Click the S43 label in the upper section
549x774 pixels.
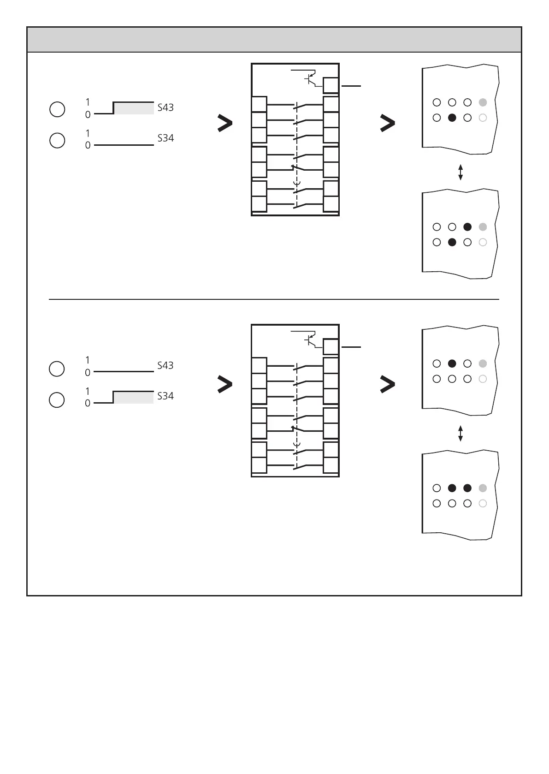pos(165,107)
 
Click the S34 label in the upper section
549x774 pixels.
pos(165,138)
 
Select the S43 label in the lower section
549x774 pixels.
pos(165,365)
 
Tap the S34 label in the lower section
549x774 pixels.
pos(165,396)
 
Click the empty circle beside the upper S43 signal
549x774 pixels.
pos(57,110)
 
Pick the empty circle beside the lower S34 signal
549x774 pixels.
pos(57,400)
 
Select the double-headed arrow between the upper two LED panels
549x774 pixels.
pos(460,172)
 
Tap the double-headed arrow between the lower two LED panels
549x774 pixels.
pos(460,433)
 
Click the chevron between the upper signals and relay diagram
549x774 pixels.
pos(224,124)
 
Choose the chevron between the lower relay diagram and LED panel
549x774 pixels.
pos(388,384)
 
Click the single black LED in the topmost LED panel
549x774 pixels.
pos(452,118)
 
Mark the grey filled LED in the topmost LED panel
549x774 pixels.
pos(483,102)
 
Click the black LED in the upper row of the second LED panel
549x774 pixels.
pos(467,226)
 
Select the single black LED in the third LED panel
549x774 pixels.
pos(452,363)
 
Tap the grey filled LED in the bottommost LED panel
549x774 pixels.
pos(483,488)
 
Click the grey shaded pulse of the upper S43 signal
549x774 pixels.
pos(134,108)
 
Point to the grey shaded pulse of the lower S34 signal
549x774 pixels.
pos(134,398)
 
